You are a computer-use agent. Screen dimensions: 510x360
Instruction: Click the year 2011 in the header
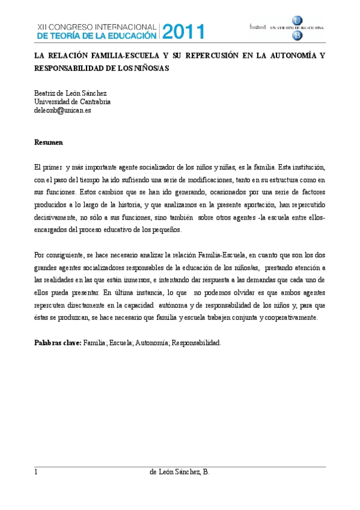tap(183, 32)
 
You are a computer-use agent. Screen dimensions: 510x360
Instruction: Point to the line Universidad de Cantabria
tap(72, 102)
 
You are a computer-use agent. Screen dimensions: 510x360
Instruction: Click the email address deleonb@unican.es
tap(63, 111)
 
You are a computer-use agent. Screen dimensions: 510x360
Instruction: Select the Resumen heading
tap(49, 143)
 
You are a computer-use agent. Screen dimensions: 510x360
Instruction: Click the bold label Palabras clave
tap(58, 343)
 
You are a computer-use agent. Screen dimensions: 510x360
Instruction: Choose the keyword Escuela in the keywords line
tap(121, 343)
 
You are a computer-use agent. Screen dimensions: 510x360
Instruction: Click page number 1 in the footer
tap(37, 473)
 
